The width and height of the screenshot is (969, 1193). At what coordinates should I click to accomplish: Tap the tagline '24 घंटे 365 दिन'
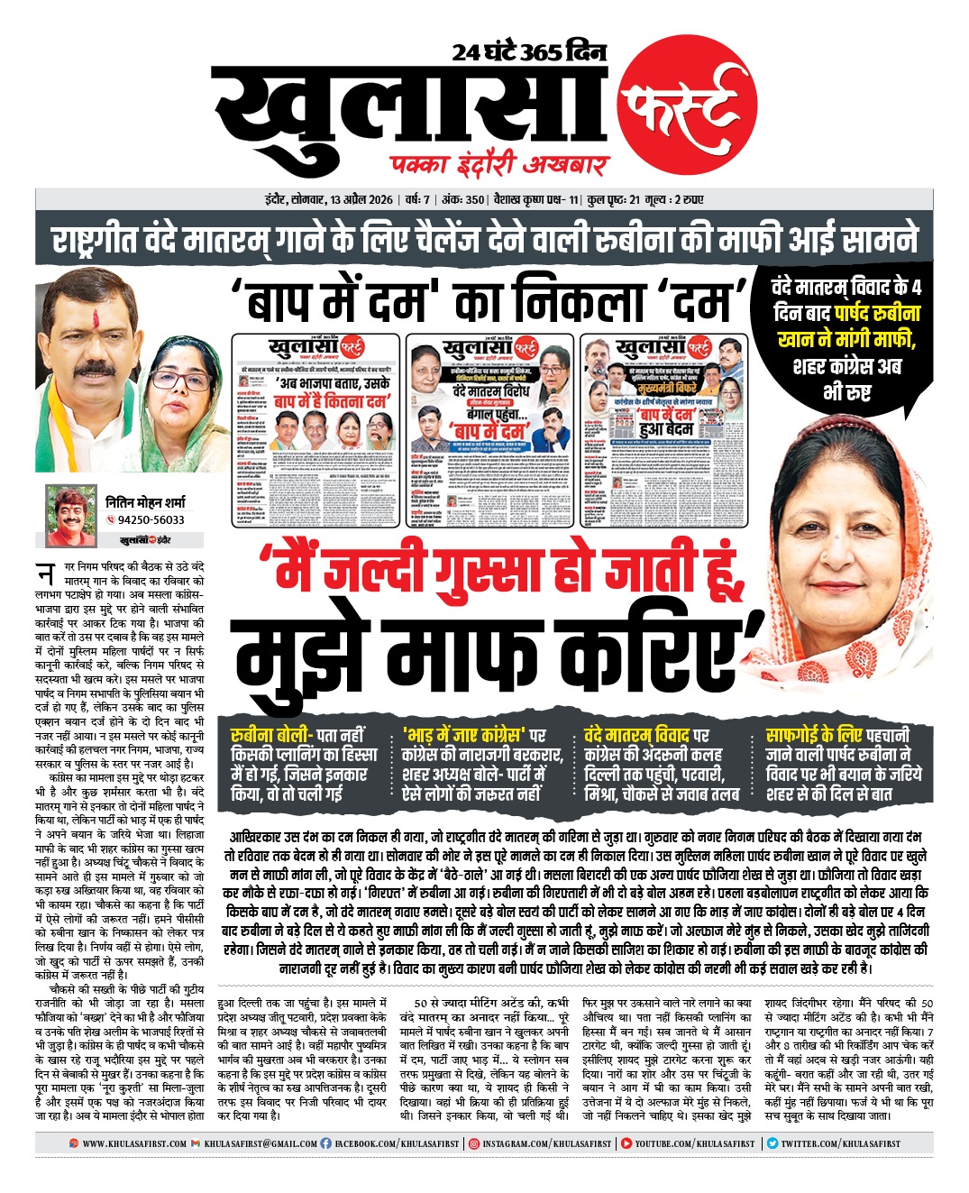pyautogui.click(x=529, y=51)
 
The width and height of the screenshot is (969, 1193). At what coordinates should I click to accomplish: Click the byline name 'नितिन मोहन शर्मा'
pyautogui.click(x=145, y=501)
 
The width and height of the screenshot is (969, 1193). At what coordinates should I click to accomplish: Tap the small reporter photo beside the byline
pyautogui.click(x=70, y=516)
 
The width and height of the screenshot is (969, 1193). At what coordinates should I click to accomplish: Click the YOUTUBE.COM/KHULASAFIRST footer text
pyautogui.click(x=694, y=1143)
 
